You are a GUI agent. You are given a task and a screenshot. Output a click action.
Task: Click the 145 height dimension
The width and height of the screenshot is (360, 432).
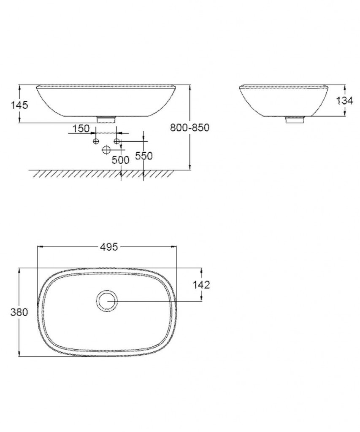[x=19, y=105]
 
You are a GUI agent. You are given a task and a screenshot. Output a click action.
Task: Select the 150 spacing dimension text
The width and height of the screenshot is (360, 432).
[x=81, y=129]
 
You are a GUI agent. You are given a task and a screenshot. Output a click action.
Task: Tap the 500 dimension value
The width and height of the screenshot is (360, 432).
[x=121, y=160]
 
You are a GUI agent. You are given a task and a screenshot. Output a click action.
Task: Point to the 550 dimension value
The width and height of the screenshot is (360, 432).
[x=143, y=156]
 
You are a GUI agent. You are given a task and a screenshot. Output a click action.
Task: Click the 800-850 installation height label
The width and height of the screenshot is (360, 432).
[x=189, y=127]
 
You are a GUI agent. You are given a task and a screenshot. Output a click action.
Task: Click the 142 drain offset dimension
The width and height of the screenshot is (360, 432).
[x=201, y=285]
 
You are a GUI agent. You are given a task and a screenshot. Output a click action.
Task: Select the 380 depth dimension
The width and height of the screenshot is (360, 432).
[x=19, y=312]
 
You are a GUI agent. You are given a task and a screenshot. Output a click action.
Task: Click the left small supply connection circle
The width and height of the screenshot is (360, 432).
[x=96, y=140]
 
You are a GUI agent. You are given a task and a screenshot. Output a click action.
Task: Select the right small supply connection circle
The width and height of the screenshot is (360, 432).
[x=117, y=140]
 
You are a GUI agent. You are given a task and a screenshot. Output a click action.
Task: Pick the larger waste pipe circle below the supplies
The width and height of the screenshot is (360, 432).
[x=106, y=149]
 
